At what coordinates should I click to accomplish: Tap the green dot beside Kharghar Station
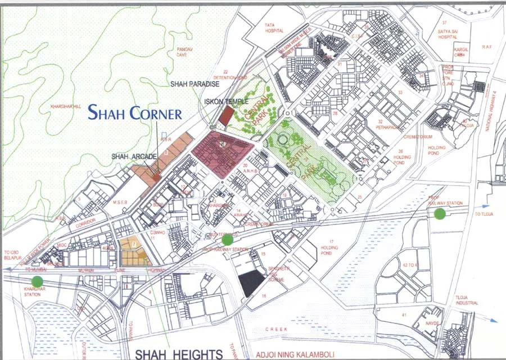coord(37,281)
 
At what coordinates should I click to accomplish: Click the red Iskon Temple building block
coord(225,116)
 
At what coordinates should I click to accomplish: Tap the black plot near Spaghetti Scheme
coord(251,283)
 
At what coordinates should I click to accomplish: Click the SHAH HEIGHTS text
coord(178,354)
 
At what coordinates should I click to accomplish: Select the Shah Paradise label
coord(195,84)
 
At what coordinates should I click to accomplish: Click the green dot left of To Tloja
coord(440,213)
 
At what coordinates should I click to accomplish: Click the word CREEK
coord(276,328)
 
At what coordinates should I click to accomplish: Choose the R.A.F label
coord(487,47)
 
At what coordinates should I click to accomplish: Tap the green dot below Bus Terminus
coord(227,240)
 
